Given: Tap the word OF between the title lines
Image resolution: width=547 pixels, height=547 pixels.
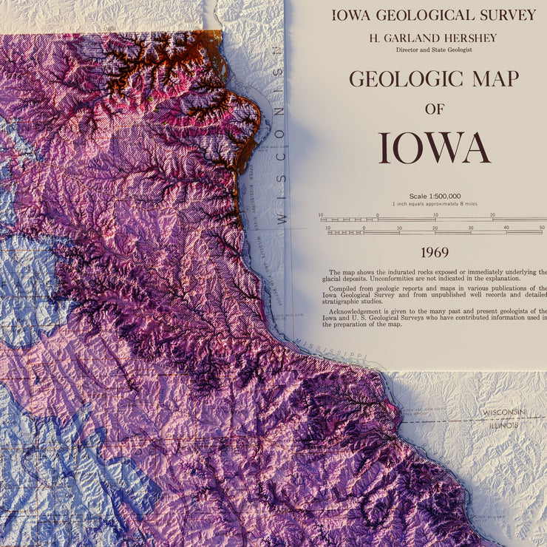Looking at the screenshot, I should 435,109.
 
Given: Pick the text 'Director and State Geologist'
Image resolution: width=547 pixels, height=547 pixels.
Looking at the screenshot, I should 435,50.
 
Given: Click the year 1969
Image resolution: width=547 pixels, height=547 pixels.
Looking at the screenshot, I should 435,253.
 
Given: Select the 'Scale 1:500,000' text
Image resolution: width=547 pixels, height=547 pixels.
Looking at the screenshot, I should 435,196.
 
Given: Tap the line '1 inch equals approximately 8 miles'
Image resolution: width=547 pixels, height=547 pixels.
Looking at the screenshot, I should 435,204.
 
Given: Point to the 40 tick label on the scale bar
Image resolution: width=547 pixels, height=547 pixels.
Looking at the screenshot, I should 507,228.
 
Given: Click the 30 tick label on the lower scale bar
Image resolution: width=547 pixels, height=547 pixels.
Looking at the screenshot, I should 471,228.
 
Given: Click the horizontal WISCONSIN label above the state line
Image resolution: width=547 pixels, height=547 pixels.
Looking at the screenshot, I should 504,412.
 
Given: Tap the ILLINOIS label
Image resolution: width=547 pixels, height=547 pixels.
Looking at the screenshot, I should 503,426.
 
